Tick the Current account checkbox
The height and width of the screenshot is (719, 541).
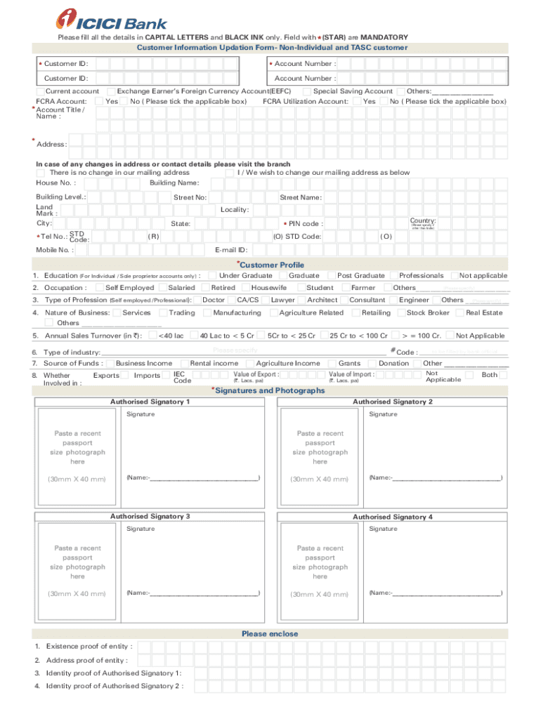pyautogui.click(x=41, y=91)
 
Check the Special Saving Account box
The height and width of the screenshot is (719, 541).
pyautogui.click(x=307, y=91)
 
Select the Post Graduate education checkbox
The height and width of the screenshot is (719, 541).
pyautogui.click(x=331, y=276)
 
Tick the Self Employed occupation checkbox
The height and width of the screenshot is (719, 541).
pyautogui.click(x=99, y=288)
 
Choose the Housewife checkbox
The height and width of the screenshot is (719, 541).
pyautogui.click(x=245, y=288)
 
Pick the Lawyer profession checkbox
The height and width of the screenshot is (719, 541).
pyautogui.click(x=266, y=300)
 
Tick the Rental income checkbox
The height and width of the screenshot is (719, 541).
pyautogui.click(x=184, y=363)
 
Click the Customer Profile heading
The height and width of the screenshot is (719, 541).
pyautogui.click(x=270, y=265)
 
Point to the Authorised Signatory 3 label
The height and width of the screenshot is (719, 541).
pyautogui.click(x=150, y=517)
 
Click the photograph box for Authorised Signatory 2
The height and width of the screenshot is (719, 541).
pyautogui.click(x=320, y=448)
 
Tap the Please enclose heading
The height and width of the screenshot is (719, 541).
pyautogui.click(x=270, y=633)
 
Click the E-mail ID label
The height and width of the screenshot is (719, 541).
pyautogui.click(x=230, y=249)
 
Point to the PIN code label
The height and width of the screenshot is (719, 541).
pyautogui.click(x=303, y=224)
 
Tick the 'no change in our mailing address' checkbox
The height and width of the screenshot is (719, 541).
pyautogui.click(x=41, y=173)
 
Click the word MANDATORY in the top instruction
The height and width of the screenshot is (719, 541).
pyautogui.click(x=384, y=37)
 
